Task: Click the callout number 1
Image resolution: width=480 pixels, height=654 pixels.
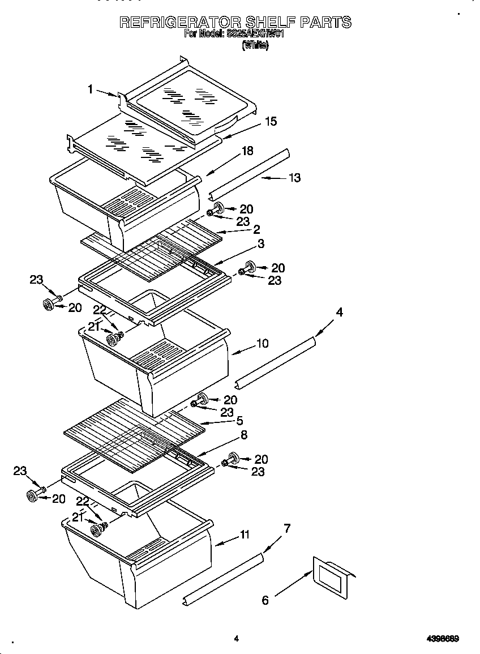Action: (x=90, y=88)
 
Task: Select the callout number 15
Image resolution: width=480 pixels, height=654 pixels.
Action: (x=271, y=121)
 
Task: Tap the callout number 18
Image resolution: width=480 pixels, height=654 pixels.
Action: (x=247, y=151)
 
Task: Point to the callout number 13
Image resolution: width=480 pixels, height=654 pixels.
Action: (x=294, y=178)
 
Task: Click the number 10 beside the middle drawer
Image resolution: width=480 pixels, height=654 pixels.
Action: (x=262, y=343)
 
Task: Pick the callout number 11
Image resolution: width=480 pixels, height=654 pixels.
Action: (x=245, y=534)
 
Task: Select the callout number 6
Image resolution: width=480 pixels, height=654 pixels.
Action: (x=265, y=600)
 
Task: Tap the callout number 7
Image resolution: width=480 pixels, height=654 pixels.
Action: (x=287, y=528)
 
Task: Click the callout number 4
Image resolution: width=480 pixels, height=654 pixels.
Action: (x=339, y=311)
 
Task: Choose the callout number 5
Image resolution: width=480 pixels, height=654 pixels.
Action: (x=240, y=421)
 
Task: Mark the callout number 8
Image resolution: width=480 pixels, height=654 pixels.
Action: (x=244, y=435)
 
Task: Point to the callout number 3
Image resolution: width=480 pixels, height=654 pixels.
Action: (x=261, y=243)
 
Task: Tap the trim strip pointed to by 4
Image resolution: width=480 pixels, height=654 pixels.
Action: (x=276, y=362)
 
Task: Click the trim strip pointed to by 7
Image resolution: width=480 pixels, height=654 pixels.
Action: (x=224, y=579)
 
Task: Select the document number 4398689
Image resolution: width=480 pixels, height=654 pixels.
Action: (x=442, y=639)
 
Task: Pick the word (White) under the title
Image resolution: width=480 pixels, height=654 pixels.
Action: (x=255, y=46)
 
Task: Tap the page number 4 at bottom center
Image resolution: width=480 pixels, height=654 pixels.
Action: (x=236, y=639)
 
